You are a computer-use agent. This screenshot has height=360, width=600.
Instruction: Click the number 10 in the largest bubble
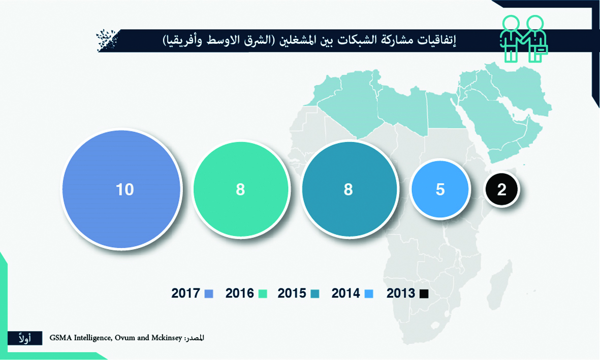[125, 189]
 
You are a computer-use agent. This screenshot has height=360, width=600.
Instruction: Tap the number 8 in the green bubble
[240, 189]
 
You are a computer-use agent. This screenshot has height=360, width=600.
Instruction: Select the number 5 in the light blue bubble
[440, 189]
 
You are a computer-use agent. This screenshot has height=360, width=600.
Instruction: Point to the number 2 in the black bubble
[501, 189]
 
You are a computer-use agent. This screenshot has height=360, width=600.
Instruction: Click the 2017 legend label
[185, 293]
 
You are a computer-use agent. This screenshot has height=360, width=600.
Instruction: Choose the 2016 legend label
[239, 293]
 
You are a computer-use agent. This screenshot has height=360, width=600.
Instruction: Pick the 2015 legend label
[292, 293]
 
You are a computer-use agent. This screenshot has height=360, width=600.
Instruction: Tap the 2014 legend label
[346, 293]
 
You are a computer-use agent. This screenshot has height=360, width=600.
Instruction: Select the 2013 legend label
[401, 293]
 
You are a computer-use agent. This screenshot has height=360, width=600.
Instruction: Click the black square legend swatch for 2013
[424, 294]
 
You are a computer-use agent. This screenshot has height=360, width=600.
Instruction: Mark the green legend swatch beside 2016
[263, 294]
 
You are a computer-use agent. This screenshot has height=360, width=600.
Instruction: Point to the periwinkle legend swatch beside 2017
[208, 294]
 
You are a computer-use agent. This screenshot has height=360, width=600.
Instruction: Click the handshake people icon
[523, 38]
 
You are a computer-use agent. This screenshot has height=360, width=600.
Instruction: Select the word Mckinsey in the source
[167, 338]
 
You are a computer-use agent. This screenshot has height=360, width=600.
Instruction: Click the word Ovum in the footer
[125, 338]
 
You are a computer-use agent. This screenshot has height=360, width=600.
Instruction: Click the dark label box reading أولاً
[25, 338]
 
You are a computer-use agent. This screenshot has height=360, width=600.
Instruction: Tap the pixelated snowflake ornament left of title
[108, 40]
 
